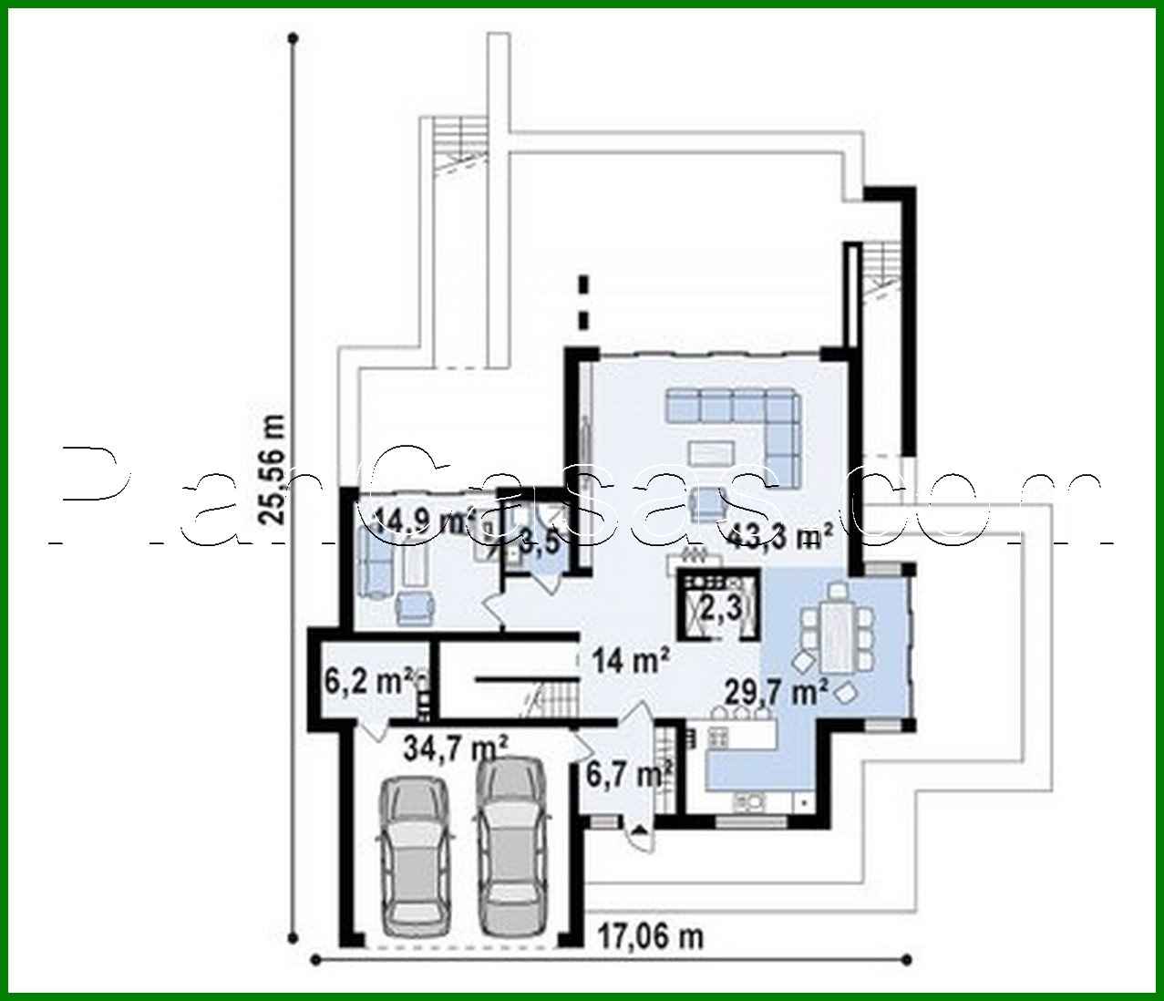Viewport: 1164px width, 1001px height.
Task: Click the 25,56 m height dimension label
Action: pyautogui.click(x=272, y=470)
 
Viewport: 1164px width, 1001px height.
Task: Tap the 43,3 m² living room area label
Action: pyautogui.click(x=779, y=535)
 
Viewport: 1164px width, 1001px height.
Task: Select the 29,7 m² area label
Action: pyautogui.click(x=775, y=692)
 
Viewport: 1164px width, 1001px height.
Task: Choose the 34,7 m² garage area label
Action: pyautogui.click(x=456, y=749)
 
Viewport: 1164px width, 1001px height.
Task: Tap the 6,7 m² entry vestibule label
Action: pyautogui.click(x=629, y=775)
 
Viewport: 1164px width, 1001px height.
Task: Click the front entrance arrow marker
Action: pyautogui.click(x=639, y=829)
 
